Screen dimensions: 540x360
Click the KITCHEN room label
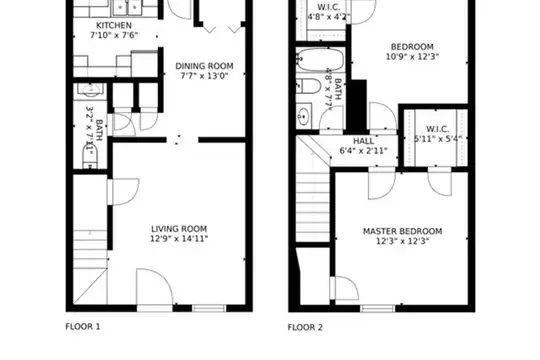tap(114, 25)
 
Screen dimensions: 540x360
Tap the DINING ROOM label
tap(204, 66)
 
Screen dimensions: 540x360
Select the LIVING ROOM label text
tap(179, 229)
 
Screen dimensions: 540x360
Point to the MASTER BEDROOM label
tap(403, 231)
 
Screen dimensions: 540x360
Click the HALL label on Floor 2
tap(364, 141)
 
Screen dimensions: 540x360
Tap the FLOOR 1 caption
tap(83, 327)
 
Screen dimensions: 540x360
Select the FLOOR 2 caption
tap(305, 327)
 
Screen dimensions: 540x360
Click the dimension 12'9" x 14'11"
tap(179, 238)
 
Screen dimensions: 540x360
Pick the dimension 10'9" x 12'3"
tap(412, 56)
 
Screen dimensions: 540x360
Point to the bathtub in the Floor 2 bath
tap(320, 60)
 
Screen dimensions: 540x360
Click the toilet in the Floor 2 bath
tap(309, 86)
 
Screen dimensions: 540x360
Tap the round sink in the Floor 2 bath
tap(303, 116)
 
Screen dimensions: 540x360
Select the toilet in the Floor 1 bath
tap(90, 157)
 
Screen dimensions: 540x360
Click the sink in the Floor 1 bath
tap(91, 90)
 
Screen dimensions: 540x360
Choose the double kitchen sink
tap(127, 8)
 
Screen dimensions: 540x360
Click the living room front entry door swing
tap(154, 287)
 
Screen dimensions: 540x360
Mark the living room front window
tap(209, 308)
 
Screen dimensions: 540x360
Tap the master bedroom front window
tap(378, 308)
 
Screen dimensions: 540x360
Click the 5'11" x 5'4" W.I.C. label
tap(437, 134)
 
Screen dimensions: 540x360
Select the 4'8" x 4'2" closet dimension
tap(329, 16)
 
